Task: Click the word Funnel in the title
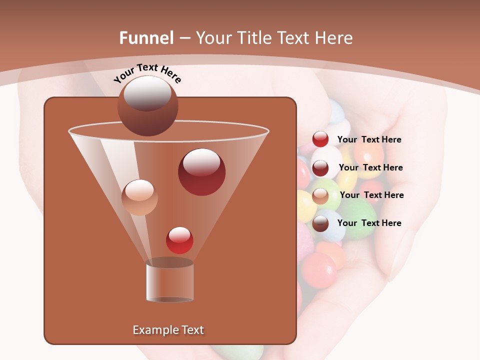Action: tap(146, 38)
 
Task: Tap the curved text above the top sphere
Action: tap(147, 72)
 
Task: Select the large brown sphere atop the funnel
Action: tap(148, 106)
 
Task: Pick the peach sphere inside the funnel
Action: tap(139, 197)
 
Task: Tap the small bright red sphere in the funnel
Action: tap(179, 240)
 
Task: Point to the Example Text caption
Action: tap(168, 330)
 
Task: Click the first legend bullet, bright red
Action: tap(320, 139)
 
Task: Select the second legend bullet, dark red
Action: tap(320, 167)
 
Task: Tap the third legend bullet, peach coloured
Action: tap(320, 195)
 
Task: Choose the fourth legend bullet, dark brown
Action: tap(320, 223)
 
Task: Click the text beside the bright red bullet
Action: tap(369, 140)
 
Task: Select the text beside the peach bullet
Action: tap(371, 195)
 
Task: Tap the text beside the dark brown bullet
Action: tap(369, 223)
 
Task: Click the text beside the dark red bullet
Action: tap(370, 167)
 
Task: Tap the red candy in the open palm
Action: tap(319, 269)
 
